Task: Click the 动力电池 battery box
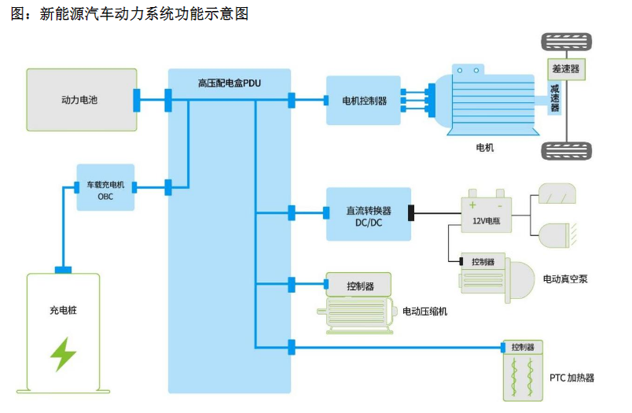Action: point(79,100)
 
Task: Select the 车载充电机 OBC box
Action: point(105,187)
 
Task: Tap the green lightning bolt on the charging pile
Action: point(63,354)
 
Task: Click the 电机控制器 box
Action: point(364,101)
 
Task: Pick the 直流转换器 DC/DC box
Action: point(368,215)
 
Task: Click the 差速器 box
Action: point(565,69)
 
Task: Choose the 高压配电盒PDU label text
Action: point(229,83)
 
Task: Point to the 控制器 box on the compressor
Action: point(360,286)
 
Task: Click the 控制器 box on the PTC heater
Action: point(523,347)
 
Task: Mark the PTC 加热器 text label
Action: point(571,378)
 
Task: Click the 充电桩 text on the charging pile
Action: point(63,310)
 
